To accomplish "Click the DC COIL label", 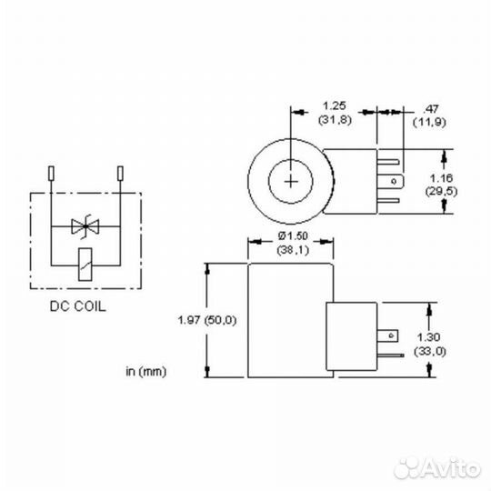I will [77, 306].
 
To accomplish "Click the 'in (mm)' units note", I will [145, 371].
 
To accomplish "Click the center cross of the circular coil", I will [291, 180].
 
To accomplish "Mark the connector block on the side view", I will [349, 336].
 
